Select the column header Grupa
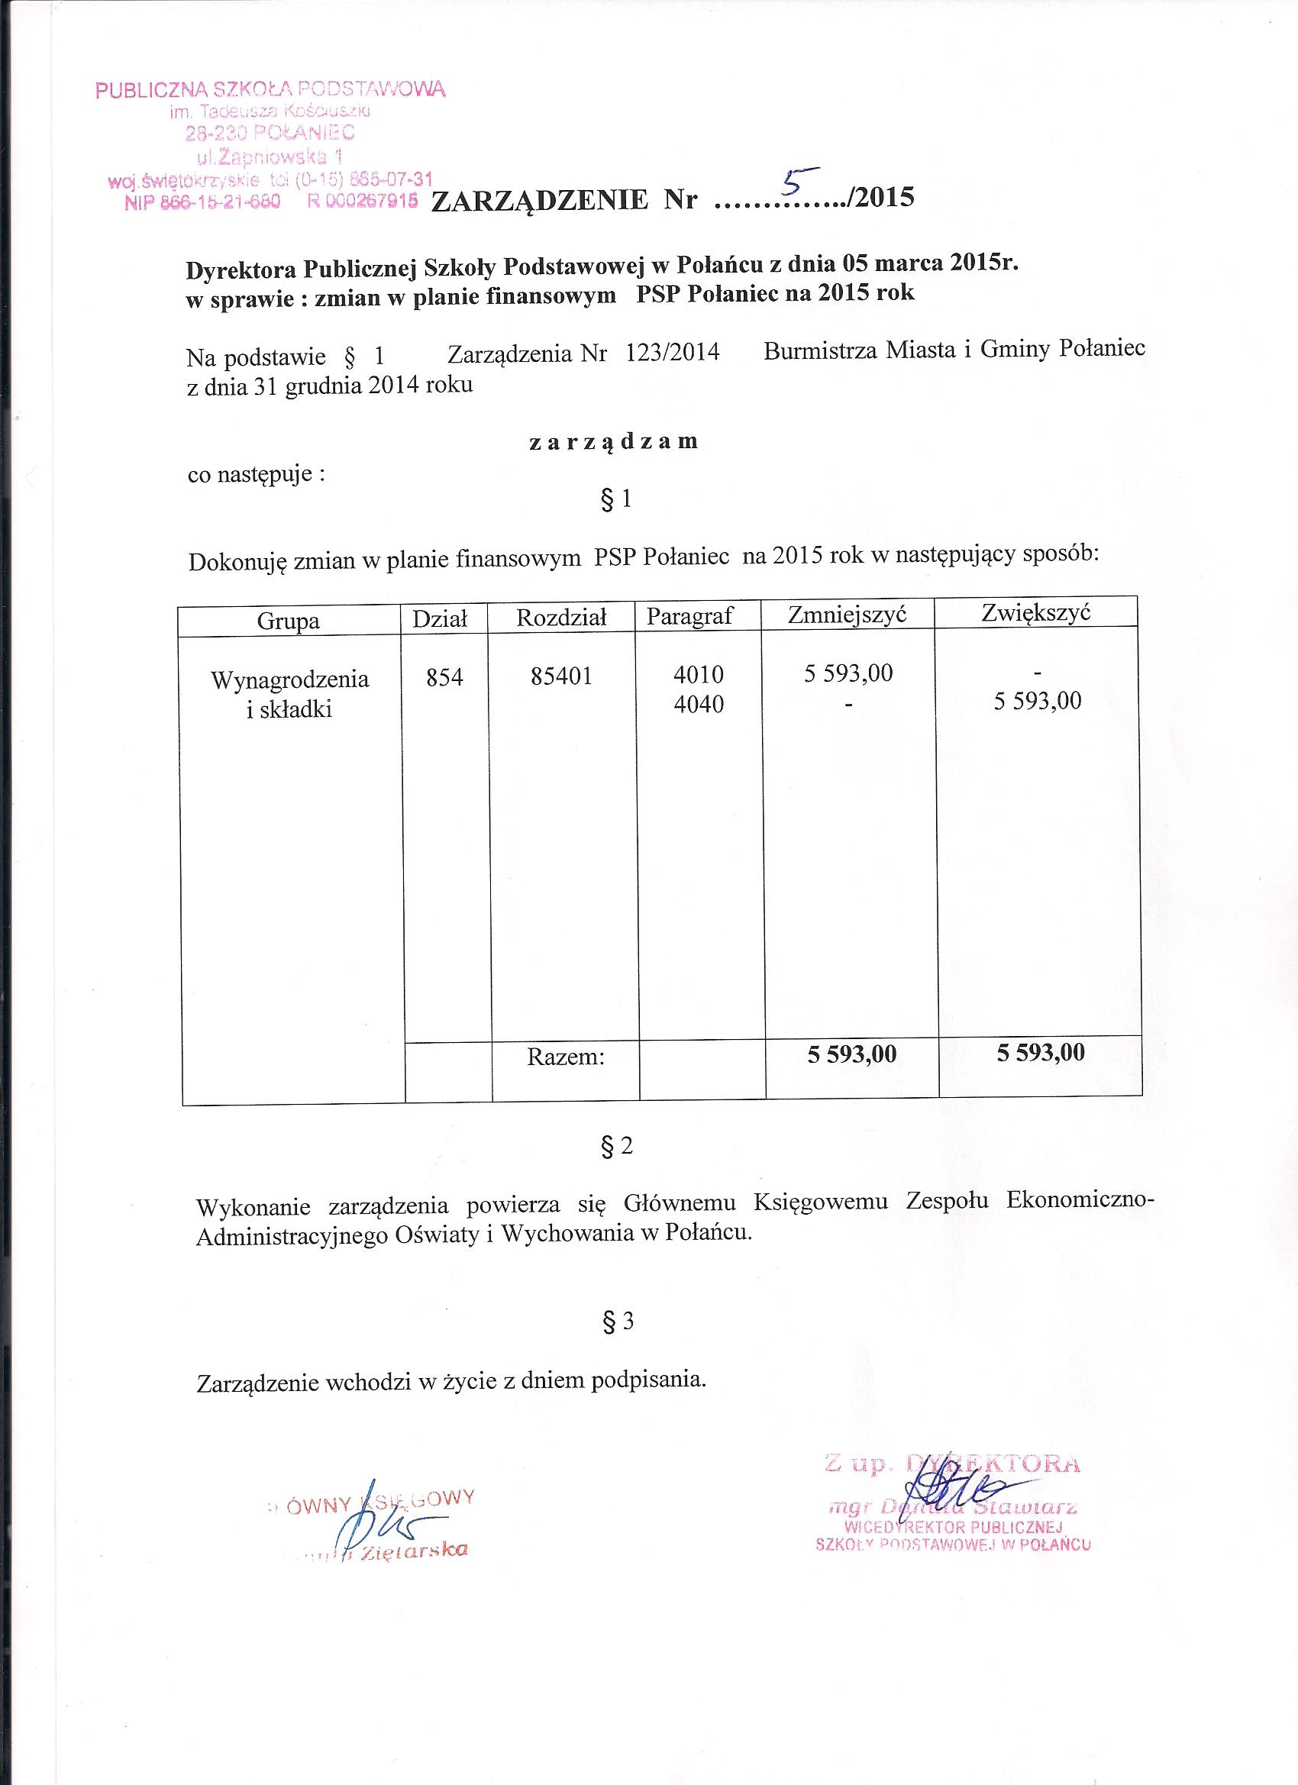[x=288, y=621]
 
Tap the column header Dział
[x=441, y=619]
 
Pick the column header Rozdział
[x=561, y=618]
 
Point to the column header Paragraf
[x=689, y=616]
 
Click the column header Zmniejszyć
[x=848, y=614]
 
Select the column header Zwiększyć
[x=1036, y=612]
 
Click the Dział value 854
[x=444, y=677]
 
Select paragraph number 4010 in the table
[x=698, y=674]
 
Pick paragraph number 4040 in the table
[x=698, y=704]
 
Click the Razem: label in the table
[x=566, y=1057]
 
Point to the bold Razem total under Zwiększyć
[x=1041, y=1052]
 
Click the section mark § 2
[x=616, y=1147]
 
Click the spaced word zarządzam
[x=613, y=441]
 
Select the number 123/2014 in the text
[x=672, y=352]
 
